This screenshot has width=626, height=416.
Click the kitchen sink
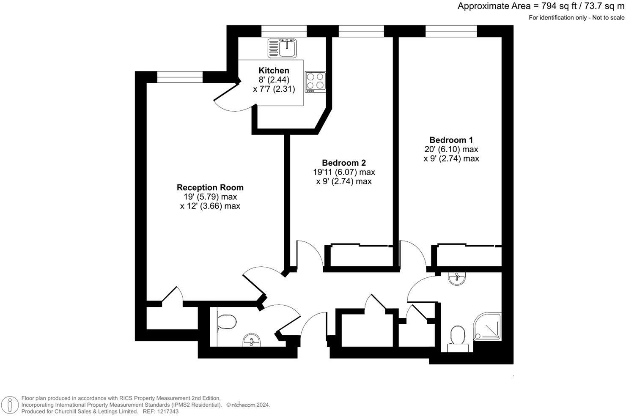283,48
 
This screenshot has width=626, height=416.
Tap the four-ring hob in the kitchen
316,81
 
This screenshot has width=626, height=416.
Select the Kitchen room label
274,71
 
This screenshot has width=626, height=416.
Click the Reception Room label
210,187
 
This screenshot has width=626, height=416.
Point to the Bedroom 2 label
344,163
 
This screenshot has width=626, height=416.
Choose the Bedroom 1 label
451,140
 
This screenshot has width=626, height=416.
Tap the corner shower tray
489,326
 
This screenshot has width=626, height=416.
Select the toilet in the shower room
458,336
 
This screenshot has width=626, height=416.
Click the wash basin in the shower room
456,279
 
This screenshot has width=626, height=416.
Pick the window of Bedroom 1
451,31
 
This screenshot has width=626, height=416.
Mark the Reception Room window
180,77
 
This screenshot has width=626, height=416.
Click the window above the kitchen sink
284,31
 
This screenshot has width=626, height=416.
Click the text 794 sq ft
554,6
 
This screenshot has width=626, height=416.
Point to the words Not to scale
608,18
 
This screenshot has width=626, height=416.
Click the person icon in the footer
10,405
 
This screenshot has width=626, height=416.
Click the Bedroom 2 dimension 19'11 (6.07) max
344,172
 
